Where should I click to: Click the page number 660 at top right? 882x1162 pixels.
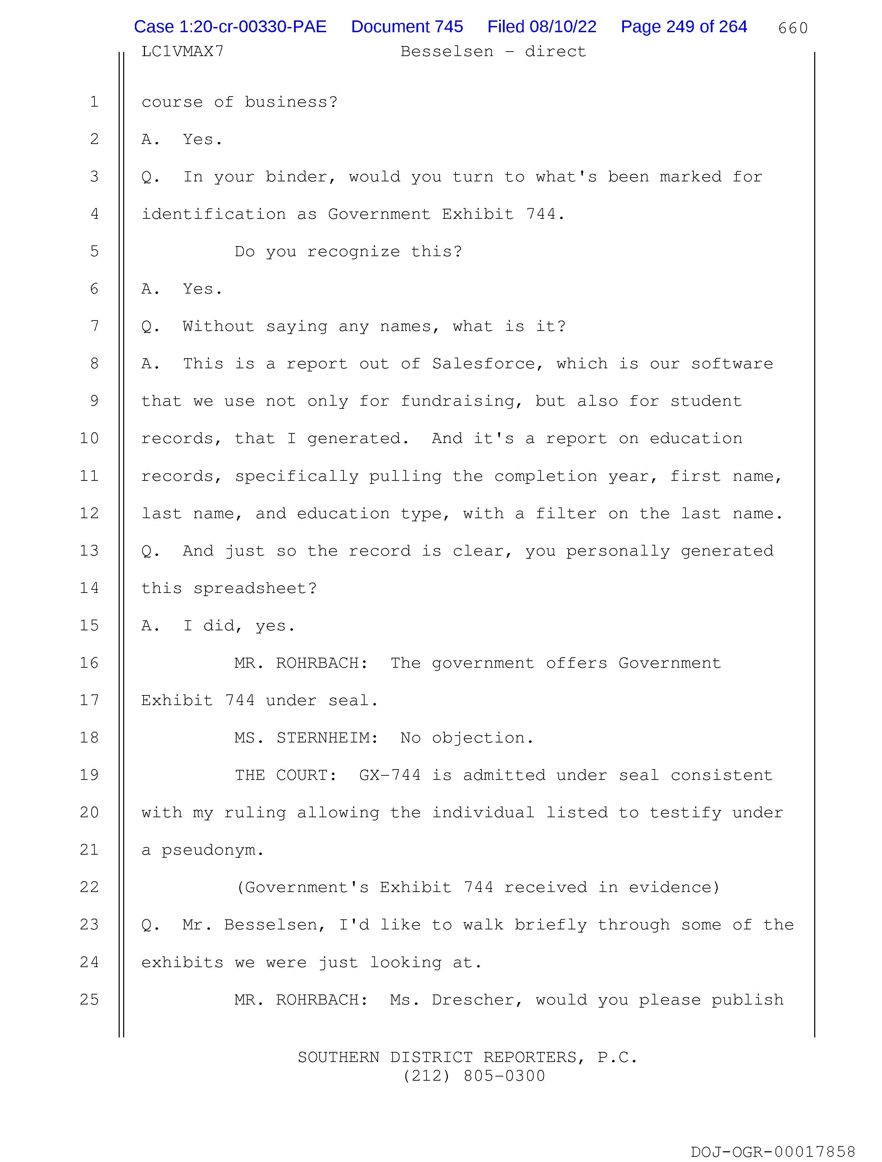[793, 28]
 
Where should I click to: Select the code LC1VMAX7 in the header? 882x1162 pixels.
[182, 52]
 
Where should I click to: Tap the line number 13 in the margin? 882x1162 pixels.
[89, 550]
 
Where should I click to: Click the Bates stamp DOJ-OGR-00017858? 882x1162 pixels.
[773, 1152]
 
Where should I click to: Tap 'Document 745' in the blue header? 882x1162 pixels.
[407, 27]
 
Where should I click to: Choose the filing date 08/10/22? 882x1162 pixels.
[563, 27]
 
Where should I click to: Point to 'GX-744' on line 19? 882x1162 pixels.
[389, 775]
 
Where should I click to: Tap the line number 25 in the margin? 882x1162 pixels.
[89, 999]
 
